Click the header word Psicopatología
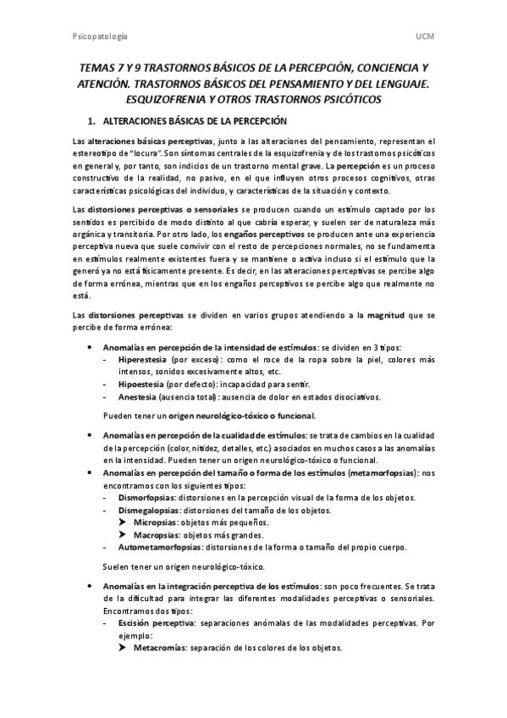pos(98,36)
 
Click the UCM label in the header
pos(424,36)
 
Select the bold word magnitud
pos(389,315)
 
